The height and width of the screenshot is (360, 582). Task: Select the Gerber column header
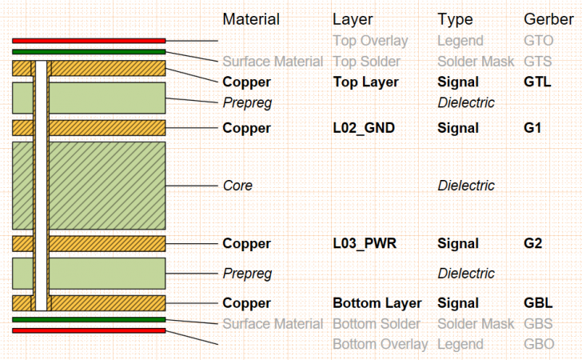[548, 19]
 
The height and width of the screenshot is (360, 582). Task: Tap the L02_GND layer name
[365, 128]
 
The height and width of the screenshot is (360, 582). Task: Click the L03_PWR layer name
[365, 243]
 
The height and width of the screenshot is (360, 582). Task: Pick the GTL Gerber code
[536, 82]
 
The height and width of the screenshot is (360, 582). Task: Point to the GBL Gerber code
[536, 303]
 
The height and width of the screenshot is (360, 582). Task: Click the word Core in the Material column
[237, 186]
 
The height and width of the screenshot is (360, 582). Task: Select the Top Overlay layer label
[369, 40]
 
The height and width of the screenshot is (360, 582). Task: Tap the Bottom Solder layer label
[376, 324]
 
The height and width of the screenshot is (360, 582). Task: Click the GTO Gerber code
[538, 40]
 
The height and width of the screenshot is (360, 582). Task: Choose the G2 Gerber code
[533, 243]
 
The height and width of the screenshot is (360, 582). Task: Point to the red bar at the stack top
[89, 40]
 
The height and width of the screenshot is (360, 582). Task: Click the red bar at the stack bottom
[89, 330]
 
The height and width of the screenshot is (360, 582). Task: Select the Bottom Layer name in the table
[377, 303]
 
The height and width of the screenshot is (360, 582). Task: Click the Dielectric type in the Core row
[466, 186]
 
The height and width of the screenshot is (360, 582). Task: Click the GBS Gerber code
[538, 324]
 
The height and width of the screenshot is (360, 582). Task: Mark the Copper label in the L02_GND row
[246, 128]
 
